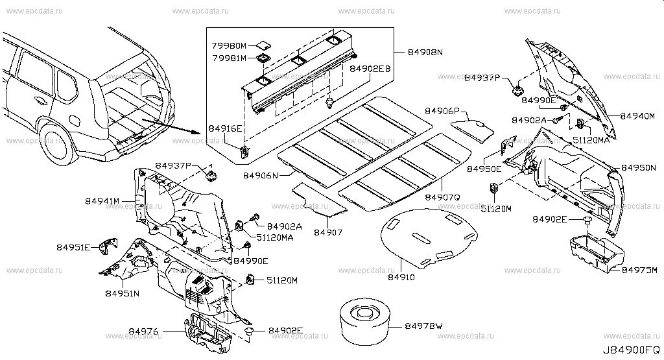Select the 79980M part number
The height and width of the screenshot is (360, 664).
click(x=229, y=46)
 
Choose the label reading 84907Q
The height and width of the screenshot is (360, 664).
click(x=442, y=196)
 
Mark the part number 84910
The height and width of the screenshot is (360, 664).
click(x=401, y=278)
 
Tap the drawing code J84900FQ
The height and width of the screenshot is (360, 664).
click(x=632, y=352)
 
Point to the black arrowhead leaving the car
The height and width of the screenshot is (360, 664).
click(x=195, y=128)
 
